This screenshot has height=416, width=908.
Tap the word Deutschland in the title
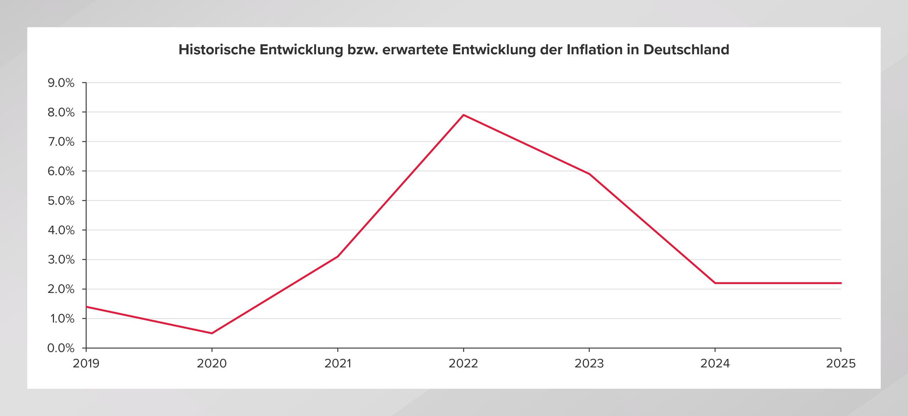pyautogui.click(x=686, y=50)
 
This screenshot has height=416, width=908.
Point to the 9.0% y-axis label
pyautogui.click(x=61, y=83)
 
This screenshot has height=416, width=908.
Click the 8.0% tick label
pyautogui.click(x=61, y=113)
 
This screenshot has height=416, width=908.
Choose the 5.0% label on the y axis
pyautogui.click(x=61, y=201)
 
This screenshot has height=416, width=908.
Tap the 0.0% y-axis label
pyautogui.click(x=61, y=348)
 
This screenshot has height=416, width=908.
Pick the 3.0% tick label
pyautogui.click(x=61, y=260)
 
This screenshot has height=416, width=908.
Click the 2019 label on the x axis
pyautogui.click(x=86, y=363)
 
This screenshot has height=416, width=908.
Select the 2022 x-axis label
pyautogui.click(x=463, y=363)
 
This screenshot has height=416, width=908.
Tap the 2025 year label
pyautogui.click(x=841, y=363)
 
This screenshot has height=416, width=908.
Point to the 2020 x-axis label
pyautogui.click(x=212, y=363)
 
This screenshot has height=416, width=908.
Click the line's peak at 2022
pyautogui.click(x=463, y=115)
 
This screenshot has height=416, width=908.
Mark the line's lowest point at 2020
pyautogui.click(x=212, y=333)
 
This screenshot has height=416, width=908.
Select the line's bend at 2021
pyautogui.click(x=338, y=256)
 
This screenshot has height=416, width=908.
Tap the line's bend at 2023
pyautogui.click(x=589, y=174)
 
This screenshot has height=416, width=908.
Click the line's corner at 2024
pyautogui.click(x=715, y=283)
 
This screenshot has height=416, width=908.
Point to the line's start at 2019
pyautogui.click(x=87, y=307)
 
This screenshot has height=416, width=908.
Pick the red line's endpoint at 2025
pyautogui.click(x=841, y=283)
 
